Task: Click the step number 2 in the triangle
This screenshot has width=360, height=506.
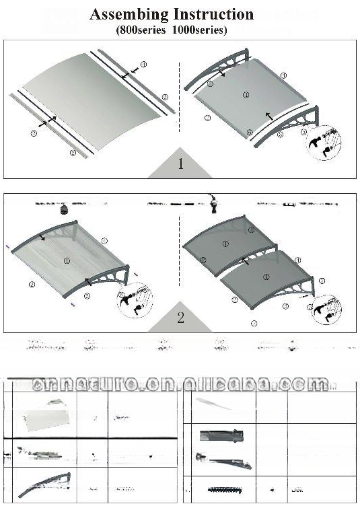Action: tap(180, 318)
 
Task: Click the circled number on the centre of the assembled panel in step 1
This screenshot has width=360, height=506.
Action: tap(246, 96)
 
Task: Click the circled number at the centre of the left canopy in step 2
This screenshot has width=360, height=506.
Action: tap(66, 260)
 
